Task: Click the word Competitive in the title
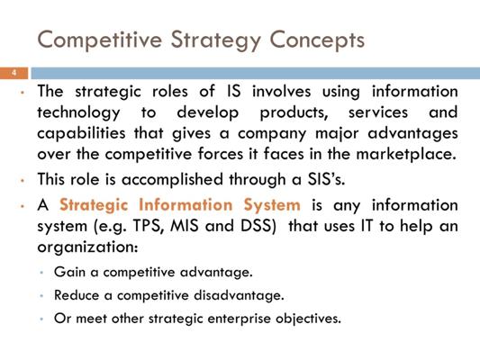[x=100, y=40]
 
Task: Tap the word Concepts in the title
[x=317, y=40]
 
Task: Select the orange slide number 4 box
[x=14, y=73]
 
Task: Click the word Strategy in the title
[x=216, y=40]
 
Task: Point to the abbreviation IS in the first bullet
[x=234, y=92]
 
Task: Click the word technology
[x=78, y=112]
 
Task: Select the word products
[x=294, y=112]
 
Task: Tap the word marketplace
[x=406, y=154]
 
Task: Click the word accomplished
[x=172, y=179]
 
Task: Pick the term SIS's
[x=326, y=179]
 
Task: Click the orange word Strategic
[x=94, y=205]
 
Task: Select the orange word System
[x=272, y=205]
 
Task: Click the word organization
[x=87, y=247]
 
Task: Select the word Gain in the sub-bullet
[x=69, y=272]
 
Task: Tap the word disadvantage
[x=239, y=295]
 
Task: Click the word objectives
[x=308, y=319]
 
